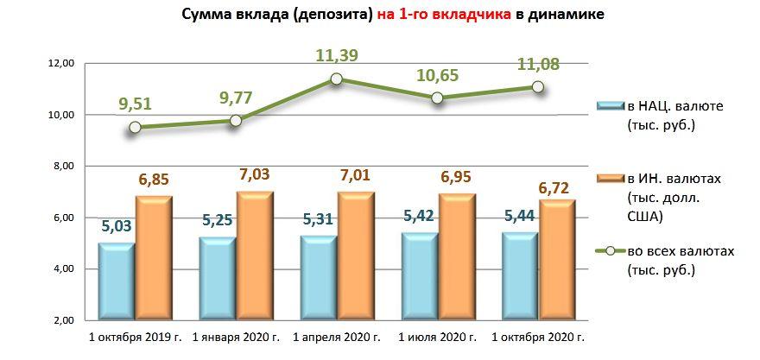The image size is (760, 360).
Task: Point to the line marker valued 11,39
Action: (337, 79)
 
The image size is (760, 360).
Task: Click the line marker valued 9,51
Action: (135, 128)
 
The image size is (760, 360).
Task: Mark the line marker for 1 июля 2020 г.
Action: (438, 98)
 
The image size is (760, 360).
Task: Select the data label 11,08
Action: (537, 63)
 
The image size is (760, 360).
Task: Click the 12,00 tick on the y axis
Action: (64, 64)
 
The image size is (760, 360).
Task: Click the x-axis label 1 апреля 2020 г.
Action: (337, 336)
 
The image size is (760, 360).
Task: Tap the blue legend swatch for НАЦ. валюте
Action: (616, 105)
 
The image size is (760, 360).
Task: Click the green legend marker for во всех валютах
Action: (611, 250)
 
